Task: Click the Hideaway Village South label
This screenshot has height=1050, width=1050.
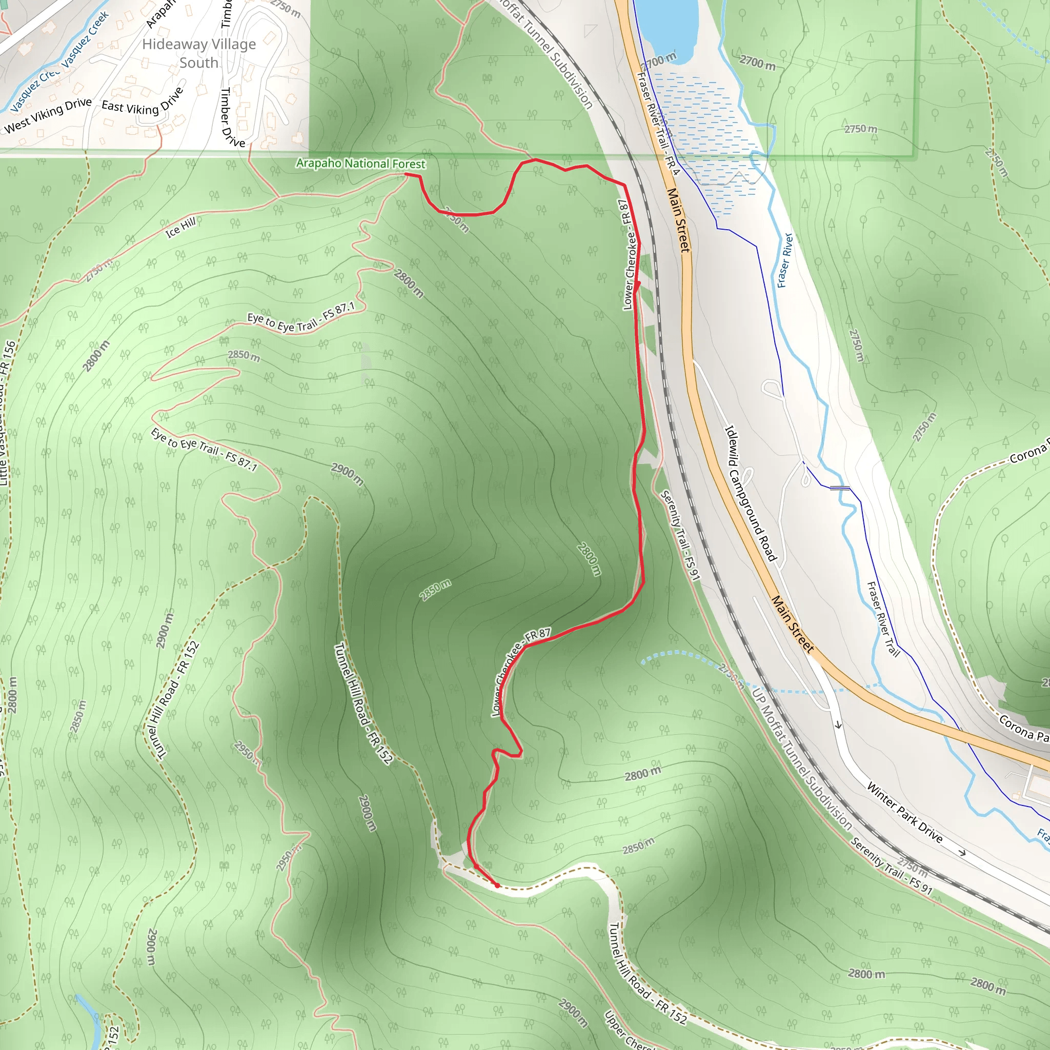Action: [x=199, y=53]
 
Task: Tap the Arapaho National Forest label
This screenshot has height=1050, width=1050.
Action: [x=360, y=163]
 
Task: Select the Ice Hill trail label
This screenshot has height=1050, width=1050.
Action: [x=180, y=227]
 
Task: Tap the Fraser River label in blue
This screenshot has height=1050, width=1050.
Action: [x=785, y=260]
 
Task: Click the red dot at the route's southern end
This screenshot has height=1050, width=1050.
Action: [x=497, y=885]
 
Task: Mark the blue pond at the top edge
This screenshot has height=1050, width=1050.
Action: [x=666, y=27]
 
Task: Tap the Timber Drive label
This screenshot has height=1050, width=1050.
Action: [x=233, y=117]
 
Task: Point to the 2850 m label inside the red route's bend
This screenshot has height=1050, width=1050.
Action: [x=435, y=590]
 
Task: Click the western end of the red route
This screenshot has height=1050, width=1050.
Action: [x=407, y=174]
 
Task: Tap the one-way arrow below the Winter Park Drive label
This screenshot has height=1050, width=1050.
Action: [x=962, y=852]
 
